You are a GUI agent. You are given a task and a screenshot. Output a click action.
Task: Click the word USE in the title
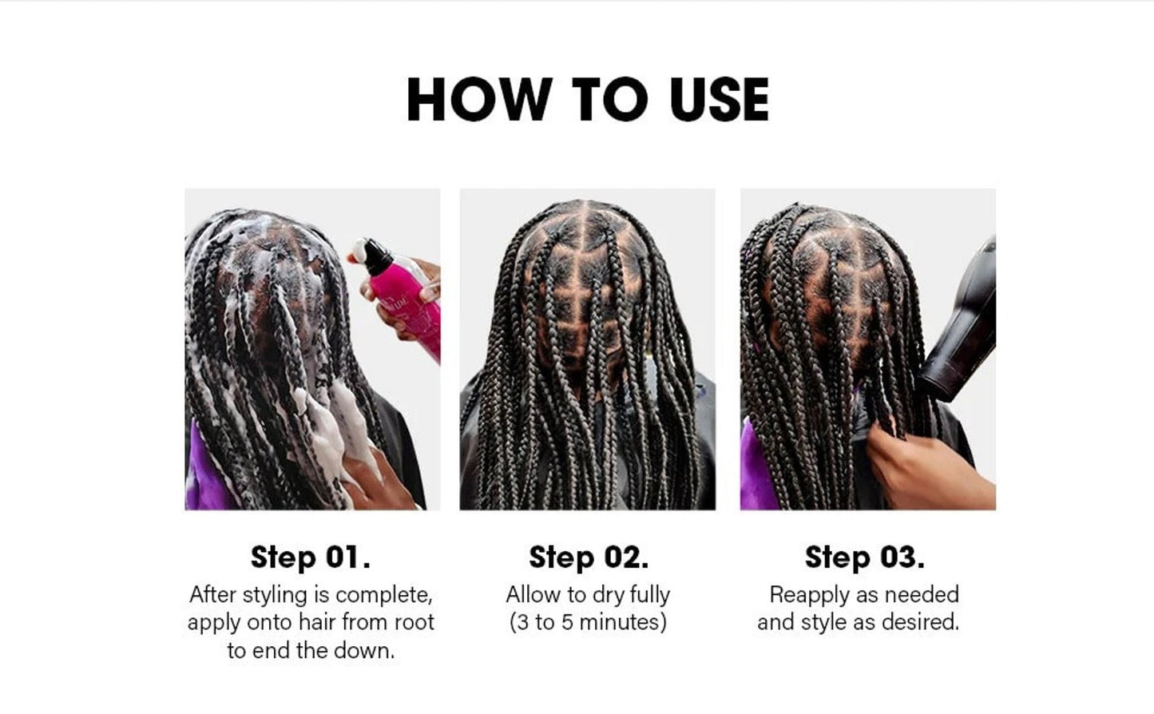tap(720, 99)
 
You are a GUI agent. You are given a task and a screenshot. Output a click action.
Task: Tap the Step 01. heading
tap(310, 557)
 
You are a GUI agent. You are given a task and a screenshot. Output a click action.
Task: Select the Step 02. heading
tap(589, 557)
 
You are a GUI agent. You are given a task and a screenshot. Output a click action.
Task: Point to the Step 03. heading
tap(864, 557)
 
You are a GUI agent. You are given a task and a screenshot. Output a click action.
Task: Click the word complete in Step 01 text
tap(383, 595)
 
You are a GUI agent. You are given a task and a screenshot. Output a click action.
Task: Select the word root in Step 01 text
tap(414, 622)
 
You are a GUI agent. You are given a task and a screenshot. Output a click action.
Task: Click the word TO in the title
tap(611, 99)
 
